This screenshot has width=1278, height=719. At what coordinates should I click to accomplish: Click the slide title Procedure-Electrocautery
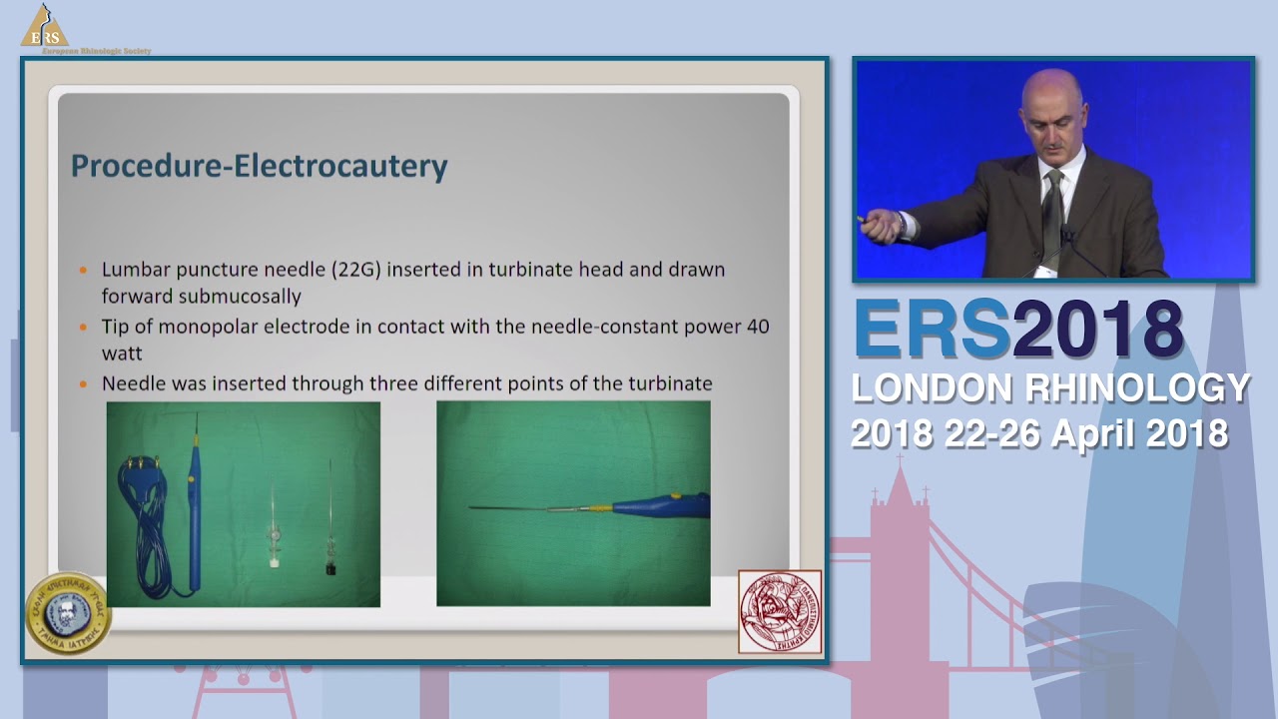259,166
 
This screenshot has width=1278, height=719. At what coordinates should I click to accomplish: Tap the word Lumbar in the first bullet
132,270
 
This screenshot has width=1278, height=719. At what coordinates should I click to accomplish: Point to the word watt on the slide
122,354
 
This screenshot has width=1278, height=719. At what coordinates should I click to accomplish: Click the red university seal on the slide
780,611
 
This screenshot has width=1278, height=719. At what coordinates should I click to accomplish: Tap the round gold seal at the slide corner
68,613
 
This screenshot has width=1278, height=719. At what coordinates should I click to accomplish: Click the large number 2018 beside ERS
1097,331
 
